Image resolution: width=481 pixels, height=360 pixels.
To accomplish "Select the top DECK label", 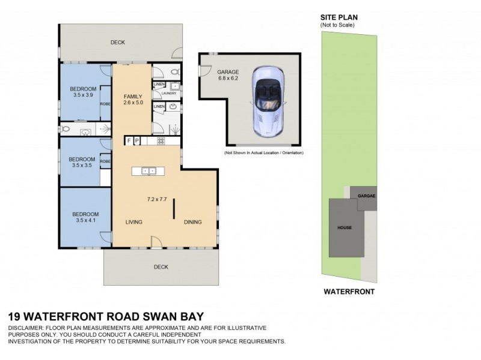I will pos(117,43).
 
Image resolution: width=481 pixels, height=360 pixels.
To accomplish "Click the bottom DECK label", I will pos(161,267).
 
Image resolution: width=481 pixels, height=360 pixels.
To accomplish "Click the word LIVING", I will pos(133,222).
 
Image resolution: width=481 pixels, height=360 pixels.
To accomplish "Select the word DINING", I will pos(193,222).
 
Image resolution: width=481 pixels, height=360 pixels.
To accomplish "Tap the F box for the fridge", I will pos(128,141).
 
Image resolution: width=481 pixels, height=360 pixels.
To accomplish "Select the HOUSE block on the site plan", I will pos(345,228).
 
